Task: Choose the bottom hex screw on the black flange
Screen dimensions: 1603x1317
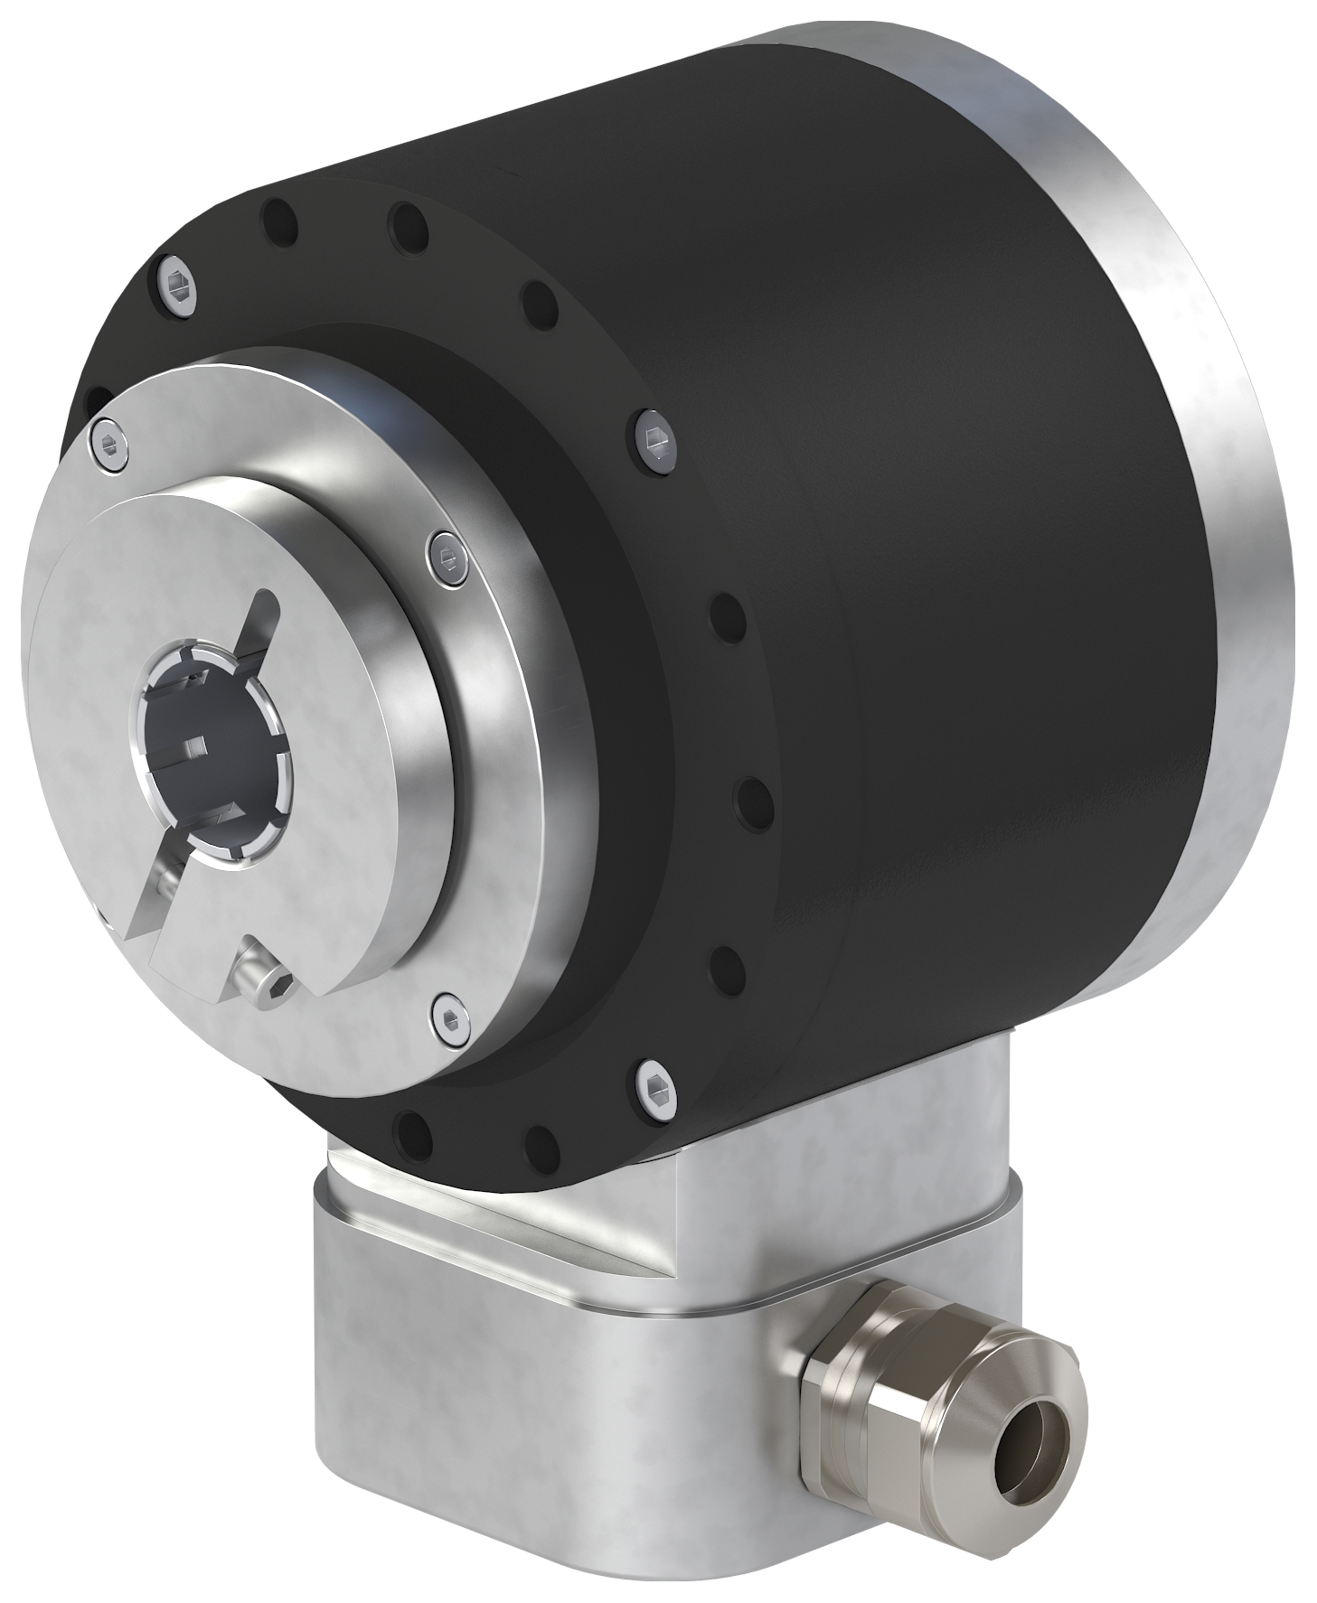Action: pos(654,1081)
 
